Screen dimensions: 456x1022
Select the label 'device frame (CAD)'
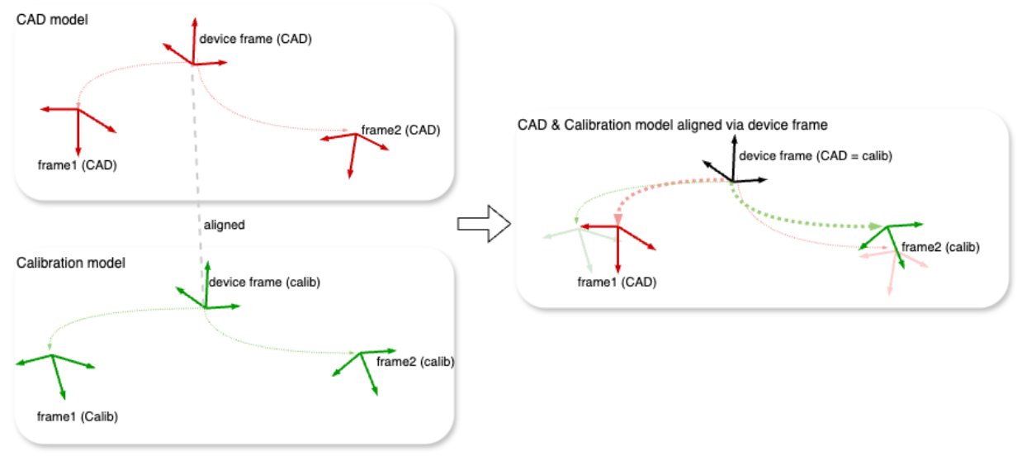pyautogui.click(x=255, y=39)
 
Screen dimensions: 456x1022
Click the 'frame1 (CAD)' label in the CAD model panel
pyautogui.click(x=77, y=164)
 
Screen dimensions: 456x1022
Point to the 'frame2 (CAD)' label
pyautogui.click(x=400, y=130)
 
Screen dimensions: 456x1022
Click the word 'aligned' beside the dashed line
pyautogui.click(x=223, y=225)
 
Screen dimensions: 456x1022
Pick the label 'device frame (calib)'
pyautogui.click(x=264, y=283)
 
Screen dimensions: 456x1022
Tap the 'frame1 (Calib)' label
pyautogui.click(x=78, y=416)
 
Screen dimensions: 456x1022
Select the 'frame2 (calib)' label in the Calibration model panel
pyautogui.click(x=415, y=361)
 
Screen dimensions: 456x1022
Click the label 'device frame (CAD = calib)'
pyautogui.click(x=815, y=155)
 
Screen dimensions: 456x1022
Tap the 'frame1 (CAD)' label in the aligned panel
pyautogui.click(x=617, y=283)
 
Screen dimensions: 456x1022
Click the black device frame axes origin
pyautogui.click(x=732, y=180)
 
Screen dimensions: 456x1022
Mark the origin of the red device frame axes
pyautogui.click(x=193, y=64)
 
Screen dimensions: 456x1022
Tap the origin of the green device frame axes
pyautogui.click(x=205, y=307)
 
